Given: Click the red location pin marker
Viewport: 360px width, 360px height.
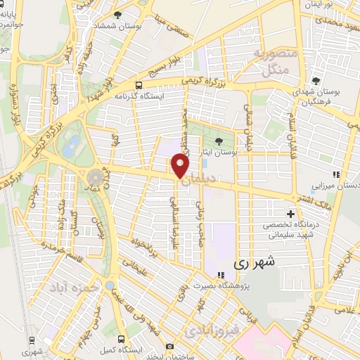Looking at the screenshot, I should click(x=181, y=166).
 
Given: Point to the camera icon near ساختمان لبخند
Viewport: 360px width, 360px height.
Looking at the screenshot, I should click(x=169, y=346).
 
